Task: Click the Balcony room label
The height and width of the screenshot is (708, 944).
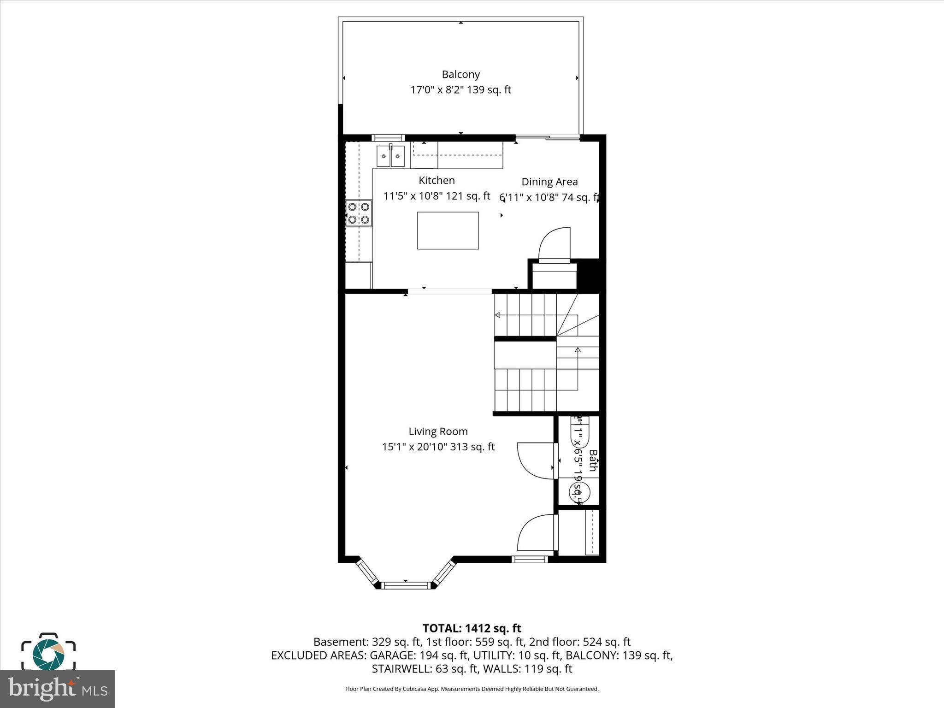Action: click(x=460, y=74)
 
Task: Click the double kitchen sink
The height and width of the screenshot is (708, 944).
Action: click(x=390, y=156)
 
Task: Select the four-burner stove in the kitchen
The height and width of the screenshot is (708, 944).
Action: click(x=359, y=213)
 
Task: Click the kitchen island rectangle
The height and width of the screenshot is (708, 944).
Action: click(x=448, y=230)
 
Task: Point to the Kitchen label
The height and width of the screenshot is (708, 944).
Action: click(x=437, y=180)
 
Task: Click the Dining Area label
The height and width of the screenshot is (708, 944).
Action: click(x=549, y=182)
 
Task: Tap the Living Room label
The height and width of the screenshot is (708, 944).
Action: click(x=438, y=431)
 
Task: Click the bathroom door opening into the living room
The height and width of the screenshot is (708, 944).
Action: click(x=535, y=461)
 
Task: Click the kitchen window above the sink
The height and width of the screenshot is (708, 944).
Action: click(x=388, y=137)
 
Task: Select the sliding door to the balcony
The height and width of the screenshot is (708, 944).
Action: click(x=547, y=137)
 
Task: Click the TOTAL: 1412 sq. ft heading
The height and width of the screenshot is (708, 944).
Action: click(x=472, y=628)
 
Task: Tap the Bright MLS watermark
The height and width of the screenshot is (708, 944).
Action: click(x=58, y=689)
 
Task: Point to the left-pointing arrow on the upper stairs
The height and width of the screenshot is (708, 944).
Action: click(x=497, y=315)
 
